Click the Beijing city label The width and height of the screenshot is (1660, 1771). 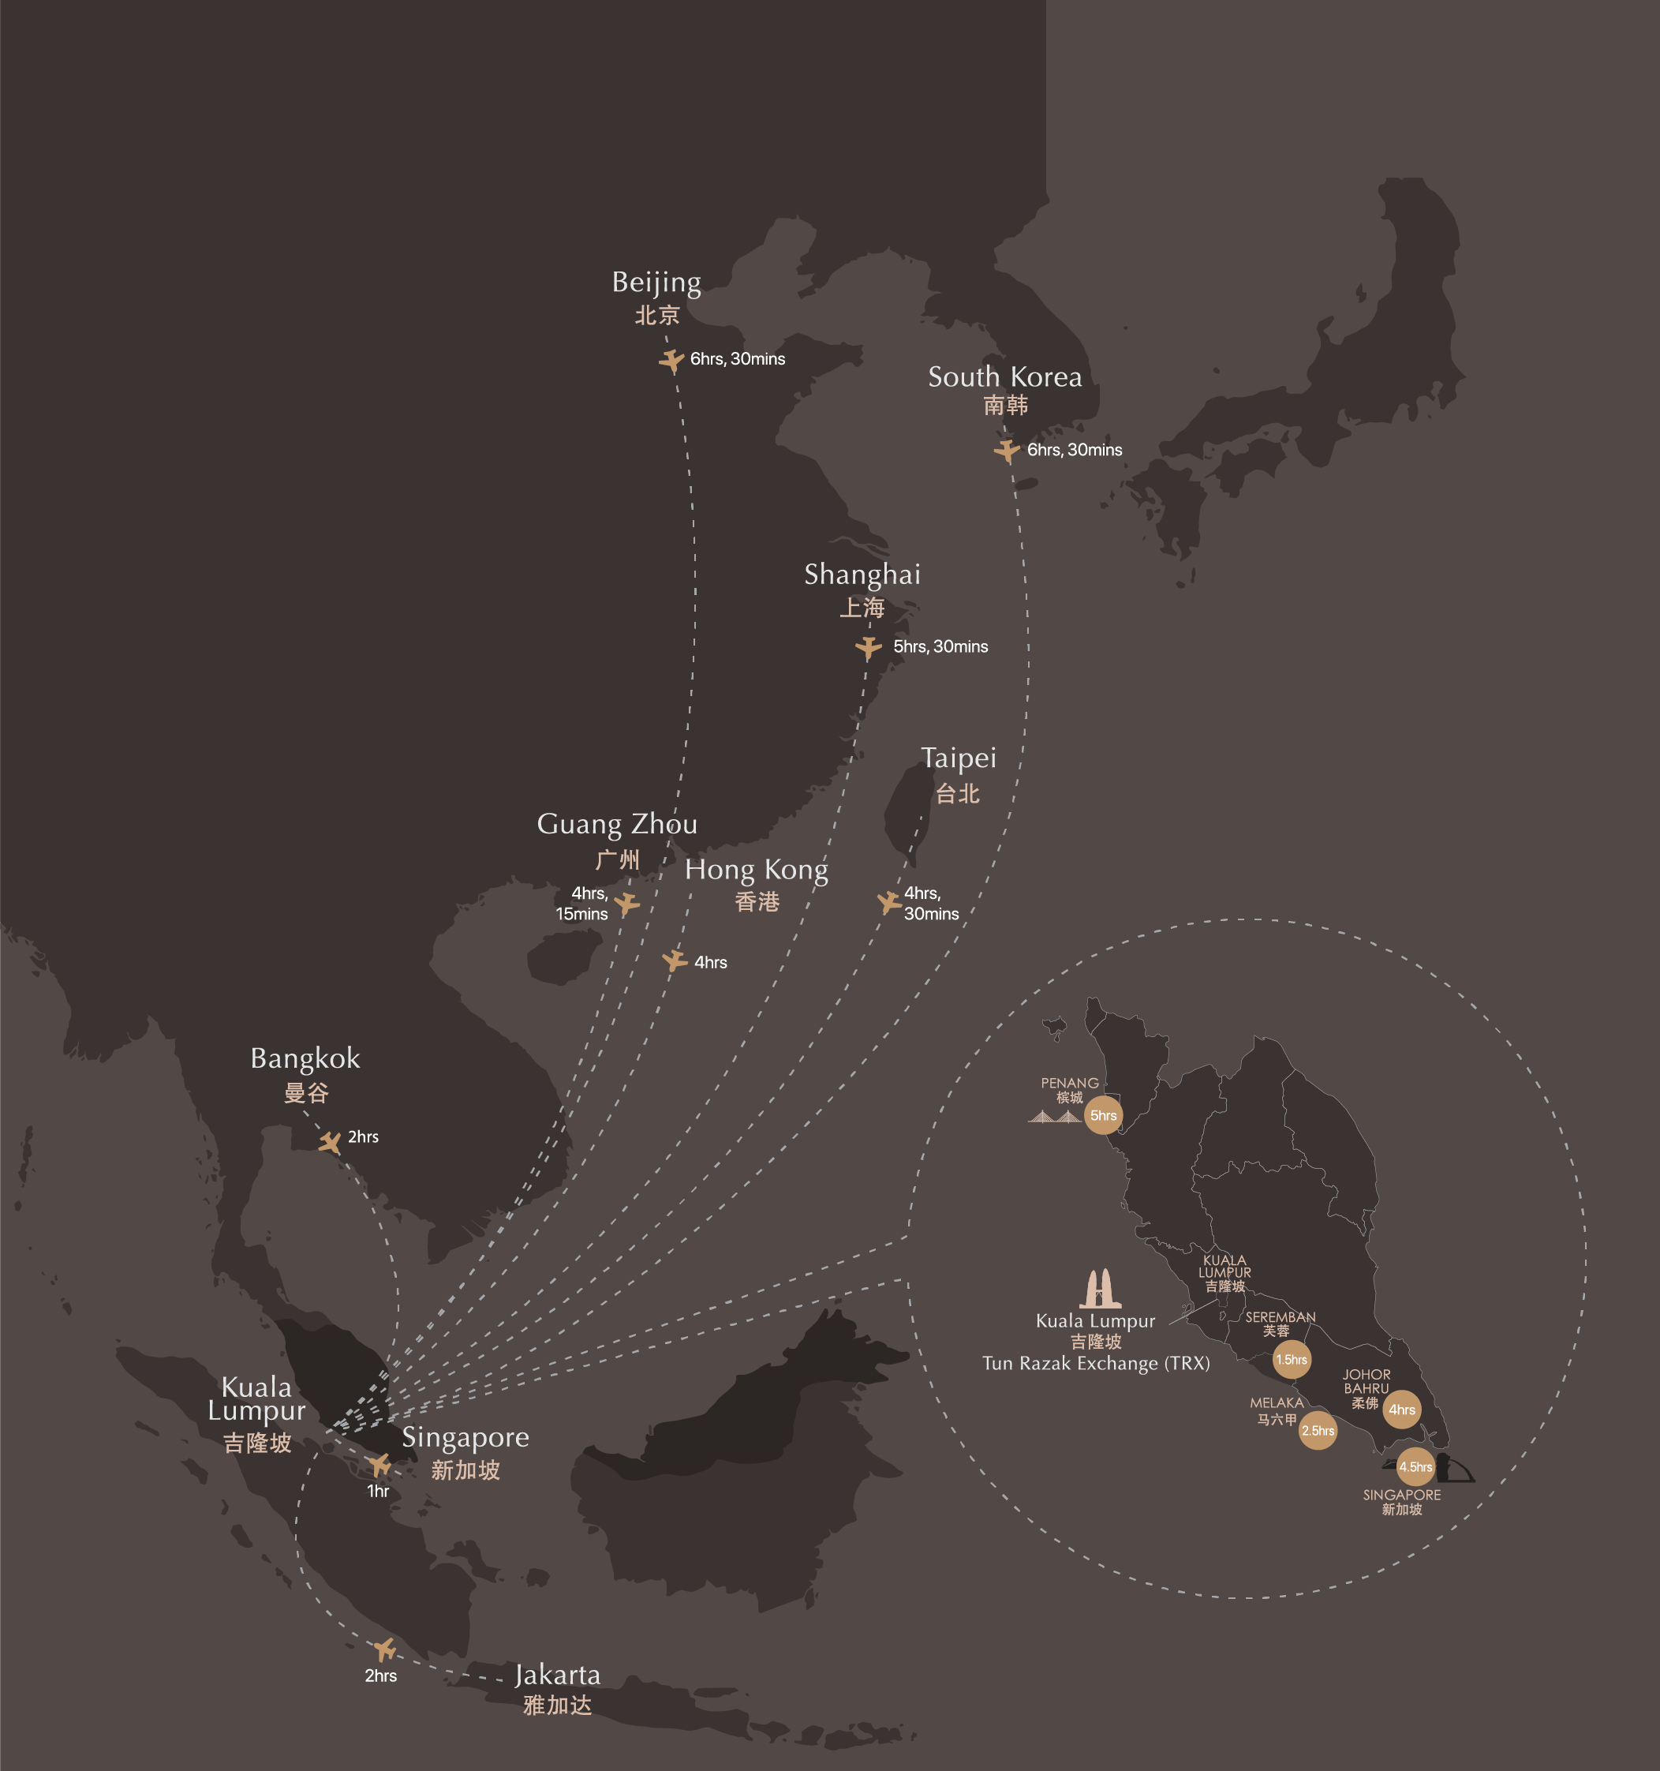click(656, 283)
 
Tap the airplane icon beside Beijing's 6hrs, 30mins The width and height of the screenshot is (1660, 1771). click(671, 360)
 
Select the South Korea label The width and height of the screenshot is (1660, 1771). click(1004, 376)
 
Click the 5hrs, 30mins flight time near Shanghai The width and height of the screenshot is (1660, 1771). click(940, 646)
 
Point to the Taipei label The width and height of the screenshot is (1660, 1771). click(959, 758)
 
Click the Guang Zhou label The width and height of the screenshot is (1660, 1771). click(617, 824)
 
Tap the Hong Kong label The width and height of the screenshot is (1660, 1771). click(756, 870)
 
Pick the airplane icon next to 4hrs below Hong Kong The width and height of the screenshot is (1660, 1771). click(674, 960)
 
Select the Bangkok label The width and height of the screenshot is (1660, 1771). click(305, 1058)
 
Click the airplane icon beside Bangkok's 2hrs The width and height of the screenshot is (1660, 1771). click(330, 1142)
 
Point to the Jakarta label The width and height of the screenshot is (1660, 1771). click(558, 1675)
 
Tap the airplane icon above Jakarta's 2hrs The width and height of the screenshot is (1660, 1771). click(385, 1649)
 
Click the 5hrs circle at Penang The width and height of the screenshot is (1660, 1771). click(1104, 1115)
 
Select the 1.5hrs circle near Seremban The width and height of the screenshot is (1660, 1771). click(1292, 1360)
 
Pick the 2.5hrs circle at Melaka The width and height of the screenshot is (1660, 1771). click(1318, 1431)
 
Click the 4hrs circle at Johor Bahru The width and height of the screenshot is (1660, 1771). click(1402, 1410)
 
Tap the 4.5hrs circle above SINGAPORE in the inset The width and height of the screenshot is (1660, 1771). click(1415, 1467)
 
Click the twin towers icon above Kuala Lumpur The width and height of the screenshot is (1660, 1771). click(1100, 1288)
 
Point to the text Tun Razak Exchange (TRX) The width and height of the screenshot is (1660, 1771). click(1096, 1364)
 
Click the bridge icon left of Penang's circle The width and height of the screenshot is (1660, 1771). click(1056, 1116)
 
